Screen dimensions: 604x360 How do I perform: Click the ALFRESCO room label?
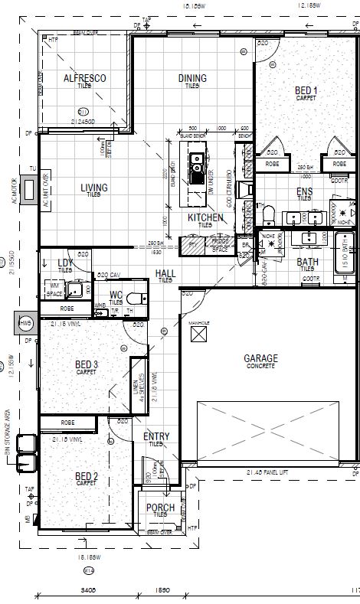click(84, 78)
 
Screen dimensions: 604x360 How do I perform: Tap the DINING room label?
click(191, 78)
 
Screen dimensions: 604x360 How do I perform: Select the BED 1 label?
click(306, 91)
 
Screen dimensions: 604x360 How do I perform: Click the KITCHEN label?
click(205, 218)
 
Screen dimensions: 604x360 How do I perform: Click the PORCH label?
click(160, 508)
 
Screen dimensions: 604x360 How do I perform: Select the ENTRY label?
click(156, 436)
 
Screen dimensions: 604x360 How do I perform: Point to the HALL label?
click(165, 273)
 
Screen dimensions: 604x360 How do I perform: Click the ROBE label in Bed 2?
click(67, 422)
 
